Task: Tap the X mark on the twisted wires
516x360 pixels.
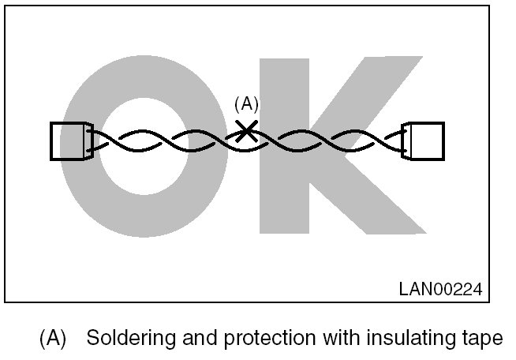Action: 247,129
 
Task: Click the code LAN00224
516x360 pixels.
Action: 439,287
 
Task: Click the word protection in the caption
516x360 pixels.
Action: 264,339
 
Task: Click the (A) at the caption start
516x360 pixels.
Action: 52,339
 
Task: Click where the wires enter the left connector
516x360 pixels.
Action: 94,141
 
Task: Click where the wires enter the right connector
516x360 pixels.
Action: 401,141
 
